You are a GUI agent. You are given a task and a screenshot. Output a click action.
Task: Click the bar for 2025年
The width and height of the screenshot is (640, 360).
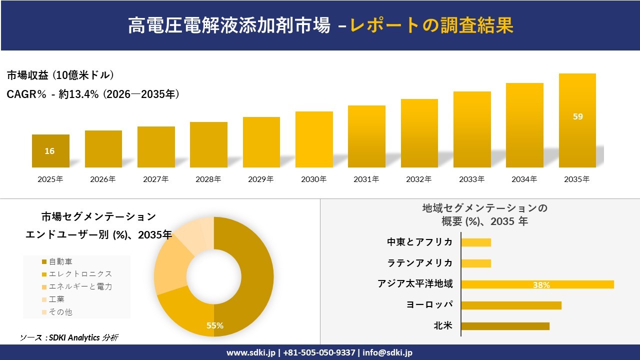click(50, 151)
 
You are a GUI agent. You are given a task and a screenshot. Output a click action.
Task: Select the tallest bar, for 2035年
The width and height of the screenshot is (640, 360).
click(577, 120)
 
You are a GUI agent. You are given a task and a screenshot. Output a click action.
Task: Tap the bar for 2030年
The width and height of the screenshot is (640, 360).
click(314, 139)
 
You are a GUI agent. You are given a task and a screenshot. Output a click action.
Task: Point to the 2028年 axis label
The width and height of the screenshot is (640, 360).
click(208, 179)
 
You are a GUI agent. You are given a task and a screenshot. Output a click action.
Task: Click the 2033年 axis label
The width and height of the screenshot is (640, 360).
click(472, 179)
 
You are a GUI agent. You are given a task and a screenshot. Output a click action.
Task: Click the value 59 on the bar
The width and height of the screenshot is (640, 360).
click(578, 116)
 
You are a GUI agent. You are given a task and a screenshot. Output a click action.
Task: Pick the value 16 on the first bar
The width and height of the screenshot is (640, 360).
click(49, 151)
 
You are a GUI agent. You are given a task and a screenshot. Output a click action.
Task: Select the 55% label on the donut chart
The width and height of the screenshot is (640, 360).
click(215, 325)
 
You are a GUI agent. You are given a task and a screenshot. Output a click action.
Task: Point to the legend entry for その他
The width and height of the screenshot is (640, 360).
click(60, 312)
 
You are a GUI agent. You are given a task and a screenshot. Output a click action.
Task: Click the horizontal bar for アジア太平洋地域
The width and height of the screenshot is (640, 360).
click(537, 284)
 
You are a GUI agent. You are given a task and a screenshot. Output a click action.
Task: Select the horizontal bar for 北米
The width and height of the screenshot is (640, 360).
click(505, 326)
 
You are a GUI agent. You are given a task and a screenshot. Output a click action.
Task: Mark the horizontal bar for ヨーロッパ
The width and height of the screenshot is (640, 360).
click(511, 305)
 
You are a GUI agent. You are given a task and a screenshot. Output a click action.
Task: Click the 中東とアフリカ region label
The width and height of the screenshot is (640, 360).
click(420, 242)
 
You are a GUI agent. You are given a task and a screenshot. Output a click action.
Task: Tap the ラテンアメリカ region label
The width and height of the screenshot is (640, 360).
click(420, 263)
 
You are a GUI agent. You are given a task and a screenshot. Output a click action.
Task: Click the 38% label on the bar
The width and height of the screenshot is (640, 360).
click(541, 285)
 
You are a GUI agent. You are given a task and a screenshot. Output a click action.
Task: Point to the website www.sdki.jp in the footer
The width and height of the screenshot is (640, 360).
click(251, 352)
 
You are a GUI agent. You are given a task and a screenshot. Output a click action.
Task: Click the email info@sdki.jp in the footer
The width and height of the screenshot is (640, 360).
click(388, 352)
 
